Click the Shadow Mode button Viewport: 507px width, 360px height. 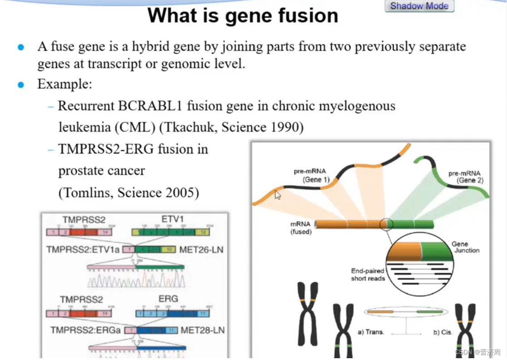click(x=419, y=6)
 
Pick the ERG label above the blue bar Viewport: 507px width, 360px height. click(x=168, y=299)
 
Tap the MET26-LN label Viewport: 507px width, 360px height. click(x=201, y=250)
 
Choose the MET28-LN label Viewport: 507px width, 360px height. click(x=202, y=330)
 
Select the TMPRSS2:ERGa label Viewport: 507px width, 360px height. click(x=86, y=330)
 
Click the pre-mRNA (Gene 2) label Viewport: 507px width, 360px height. click(x=466, y=177)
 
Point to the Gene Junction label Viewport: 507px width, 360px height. click(x=465, y=247)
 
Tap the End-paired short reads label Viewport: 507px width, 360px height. click(x=368, y=275)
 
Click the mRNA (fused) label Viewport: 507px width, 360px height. click(x=301, y=228)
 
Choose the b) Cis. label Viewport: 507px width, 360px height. click(x=442, y=332)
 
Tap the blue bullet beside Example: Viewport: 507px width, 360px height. click(x=20, y=85)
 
